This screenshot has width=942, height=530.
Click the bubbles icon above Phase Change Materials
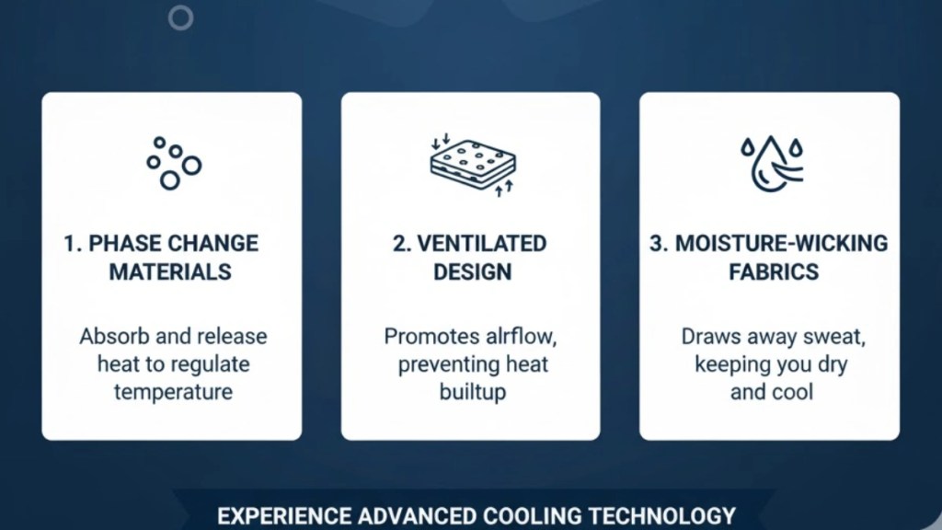pos(172,163)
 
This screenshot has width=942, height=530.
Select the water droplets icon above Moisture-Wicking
pos(770,164)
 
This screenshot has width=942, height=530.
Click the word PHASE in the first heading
pos(118,244)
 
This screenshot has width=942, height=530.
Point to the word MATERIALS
pos(170,271)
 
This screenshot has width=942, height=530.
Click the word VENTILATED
pos(482,244)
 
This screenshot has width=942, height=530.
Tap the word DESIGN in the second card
pos(472,271)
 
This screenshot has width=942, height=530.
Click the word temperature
pos(173,391)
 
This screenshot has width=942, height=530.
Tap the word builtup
pos(472,392)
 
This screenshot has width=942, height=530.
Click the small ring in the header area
pos(181,17)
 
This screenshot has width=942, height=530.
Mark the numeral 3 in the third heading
pos(656,244)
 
